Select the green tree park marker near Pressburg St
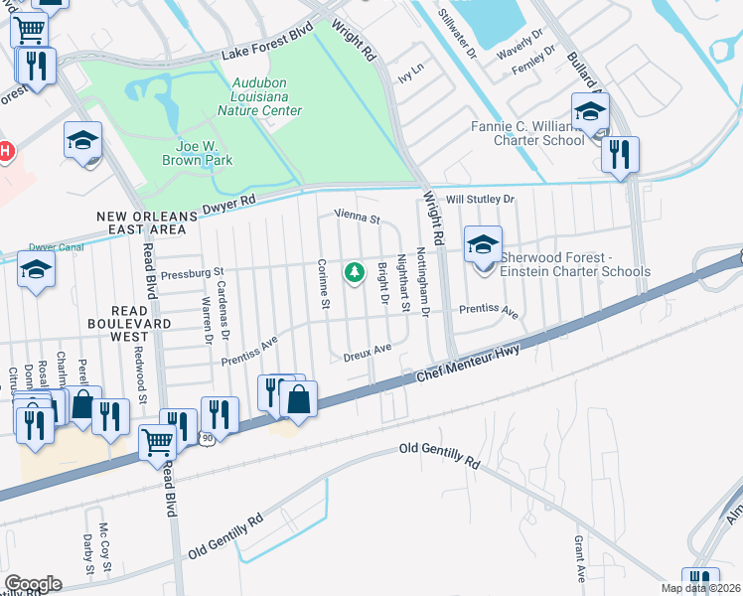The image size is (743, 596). point(353,272)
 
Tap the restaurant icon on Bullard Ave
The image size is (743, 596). point(620,154)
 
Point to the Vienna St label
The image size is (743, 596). point(358,216)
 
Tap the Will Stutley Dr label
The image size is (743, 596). point(481,200)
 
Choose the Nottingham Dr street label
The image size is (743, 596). point(423,283)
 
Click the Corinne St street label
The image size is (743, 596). point(322,283)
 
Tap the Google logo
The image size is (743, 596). point(33,584)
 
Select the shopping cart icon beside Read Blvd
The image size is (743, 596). point(157,443)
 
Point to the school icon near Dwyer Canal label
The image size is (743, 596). point(37,270)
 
